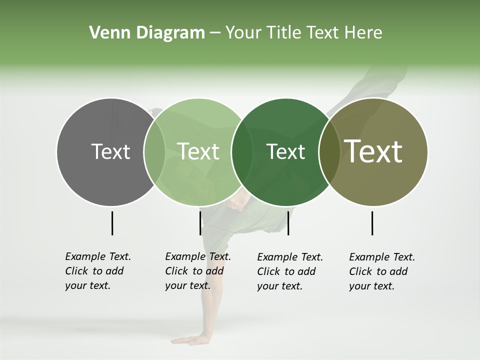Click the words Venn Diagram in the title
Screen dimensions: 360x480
tap(147, 33)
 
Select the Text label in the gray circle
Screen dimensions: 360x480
tap(111, 151)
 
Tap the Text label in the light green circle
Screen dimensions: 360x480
tap(198, 151)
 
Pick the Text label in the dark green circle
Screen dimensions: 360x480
tap(286, 151)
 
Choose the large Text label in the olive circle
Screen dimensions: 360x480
tap(373, 151)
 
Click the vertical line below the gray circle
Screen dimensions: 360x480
tap(112, 223)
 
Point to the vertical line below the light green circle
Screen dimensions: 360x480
tap(200, 223)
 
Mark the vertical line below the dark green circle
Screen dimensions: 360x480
tap(288, 223)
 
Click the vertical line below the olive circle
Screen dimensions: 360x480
tap(372, 223)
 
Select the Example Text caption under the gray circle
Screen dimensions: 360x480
tap(98, 271)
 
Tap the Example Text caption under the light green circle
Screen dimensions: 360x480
tap(198, 271)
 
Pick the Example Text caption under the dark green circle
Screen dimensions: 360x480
tap(290, 271)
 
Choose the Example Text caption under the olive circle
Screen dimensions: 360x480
tap(382, 271)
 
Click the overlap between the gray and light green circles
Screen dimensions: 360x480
tap(154, 151)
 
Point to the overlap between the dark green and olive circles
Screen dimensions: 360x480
tap(329, 151)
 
